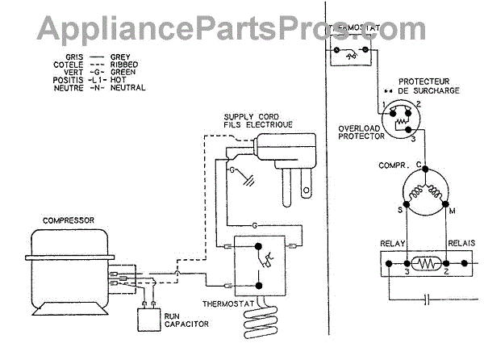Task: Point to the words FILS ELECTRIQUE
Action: [x=258, y=125]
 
